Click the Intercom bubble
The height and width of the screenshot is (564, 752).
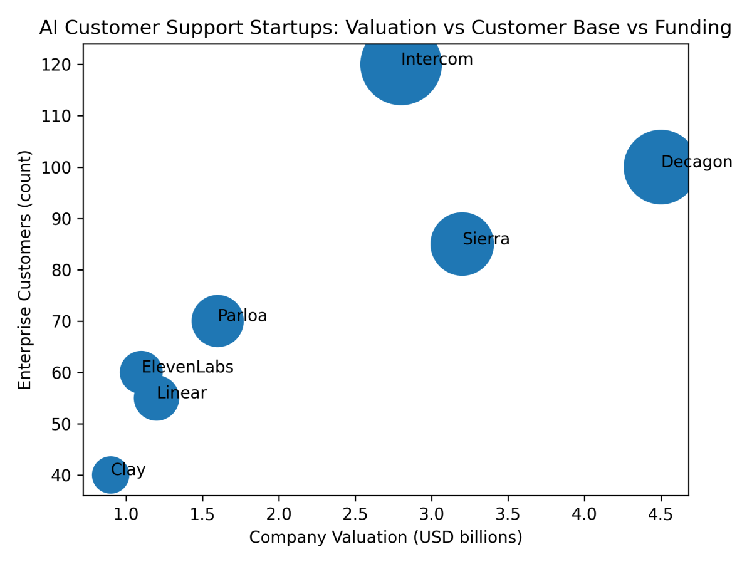[401, 65]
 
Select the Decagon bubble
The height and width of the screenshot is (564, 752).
[661, 167]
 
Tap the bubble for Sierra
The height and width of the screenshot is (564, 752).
[462, 244]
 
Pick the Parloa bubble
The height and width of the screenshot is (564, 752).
[217, 321]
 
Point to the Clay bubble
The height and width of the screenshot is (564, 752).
[111, 475]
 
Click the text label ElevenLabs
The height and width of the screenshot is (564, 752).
[187, 367]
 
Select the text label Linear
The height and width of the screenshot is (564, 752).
[182, 394]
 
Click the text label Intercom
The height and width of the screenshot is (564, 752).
[437, 60]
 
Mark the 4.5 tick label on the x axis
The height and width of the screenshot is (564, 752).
[661, 515]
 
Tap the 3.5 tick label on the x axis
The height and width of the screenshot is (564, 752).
[508, 515]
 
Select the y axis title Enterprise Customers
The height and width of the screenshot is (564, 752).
[25, 269]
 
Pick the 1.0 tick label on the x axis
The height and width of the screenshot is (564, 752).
[126, 515]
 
